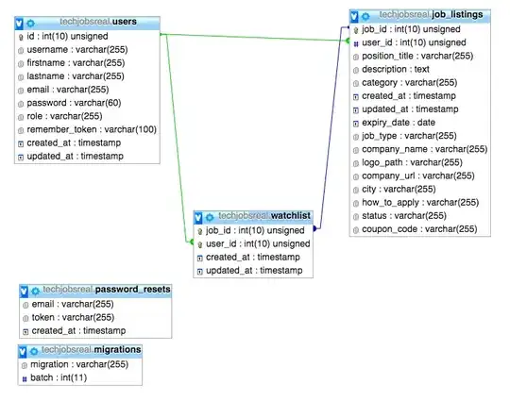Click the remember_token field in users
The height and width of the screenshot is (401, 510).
[90, 128]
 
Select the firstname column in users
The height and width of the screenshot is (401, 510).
[73, 61]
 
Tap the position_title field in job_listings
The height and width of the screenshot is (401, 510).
[417, 56]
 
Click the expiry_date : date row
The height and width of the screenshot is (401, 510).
[399, 122]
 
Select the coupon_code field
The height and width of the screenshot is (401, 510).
[419, 228]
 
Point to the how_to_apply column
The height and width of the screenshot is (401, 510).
[419, 202]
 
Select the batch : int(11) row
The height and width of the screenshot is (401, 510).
[57, 377]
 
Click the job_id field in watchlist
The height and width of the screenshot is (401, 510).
[256, 230]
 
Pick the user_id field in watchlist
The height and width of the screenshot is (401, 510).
[258, 243]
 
